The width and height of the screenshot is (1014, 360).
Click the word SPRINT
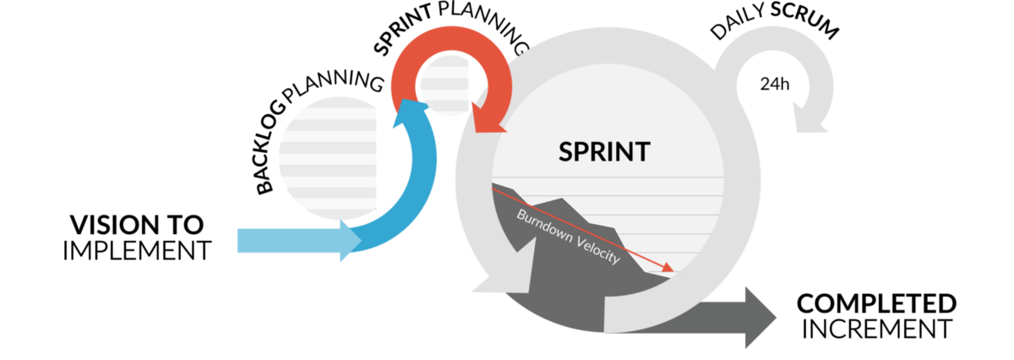click(604, 152)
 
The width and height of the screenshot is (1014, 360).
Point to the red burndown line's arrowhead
click(669, 270)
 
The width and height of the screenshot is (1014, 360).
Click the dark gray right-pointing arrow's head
click(760, 317)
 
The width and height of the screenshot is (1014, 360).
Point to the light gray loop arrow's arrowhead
click(809, 117)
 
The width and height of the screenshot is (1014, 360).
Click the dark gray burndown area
click(558, 279)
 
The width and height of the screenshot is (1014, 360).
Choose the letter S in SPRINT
click(566, 152)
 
